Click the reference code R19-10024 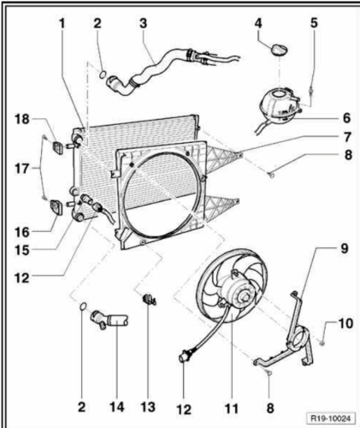pyautogui.click(x=331, y=419)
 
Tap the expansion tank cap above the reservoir pyautogui.click(x=279, y=50)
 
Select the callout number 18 pyautogui.click(x=22, y=119)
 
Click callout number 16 pyautogui.click(x=22, y=232)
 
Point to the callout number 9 pyautogui.click(x=345, y=248)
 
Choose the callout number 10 pyautogui.click(x=345, y=324)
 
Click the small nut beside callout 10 pyautogui.click(x=322, y=343)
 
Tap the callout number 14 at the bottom pyautogui.click(x=117, y=407)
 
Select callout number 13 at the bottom pyautogui.click(x=148, y=407)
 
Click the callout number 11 pyautogui.click(x=232, y=408)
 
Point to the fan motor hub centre pyautogui.click(x=245, y=298)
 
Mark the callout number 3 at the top pyautogui.click(x=143, y=23)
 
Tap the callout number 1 pyautogui.click(x=62, y=23)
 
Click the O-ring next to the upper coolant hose pyautogui.click(x=103, y=74)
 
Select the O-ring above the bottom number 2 pyautogui.click(x=83, y=306)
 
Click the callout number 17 pyautogui.click(x=22, y=169)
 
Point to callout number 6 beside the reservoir pyautogui.click(x=346, y=118)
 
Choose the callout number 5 pyautogui.click(x=314, y=23)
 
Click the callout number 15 pyautogui.click(x=22, y=250)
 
